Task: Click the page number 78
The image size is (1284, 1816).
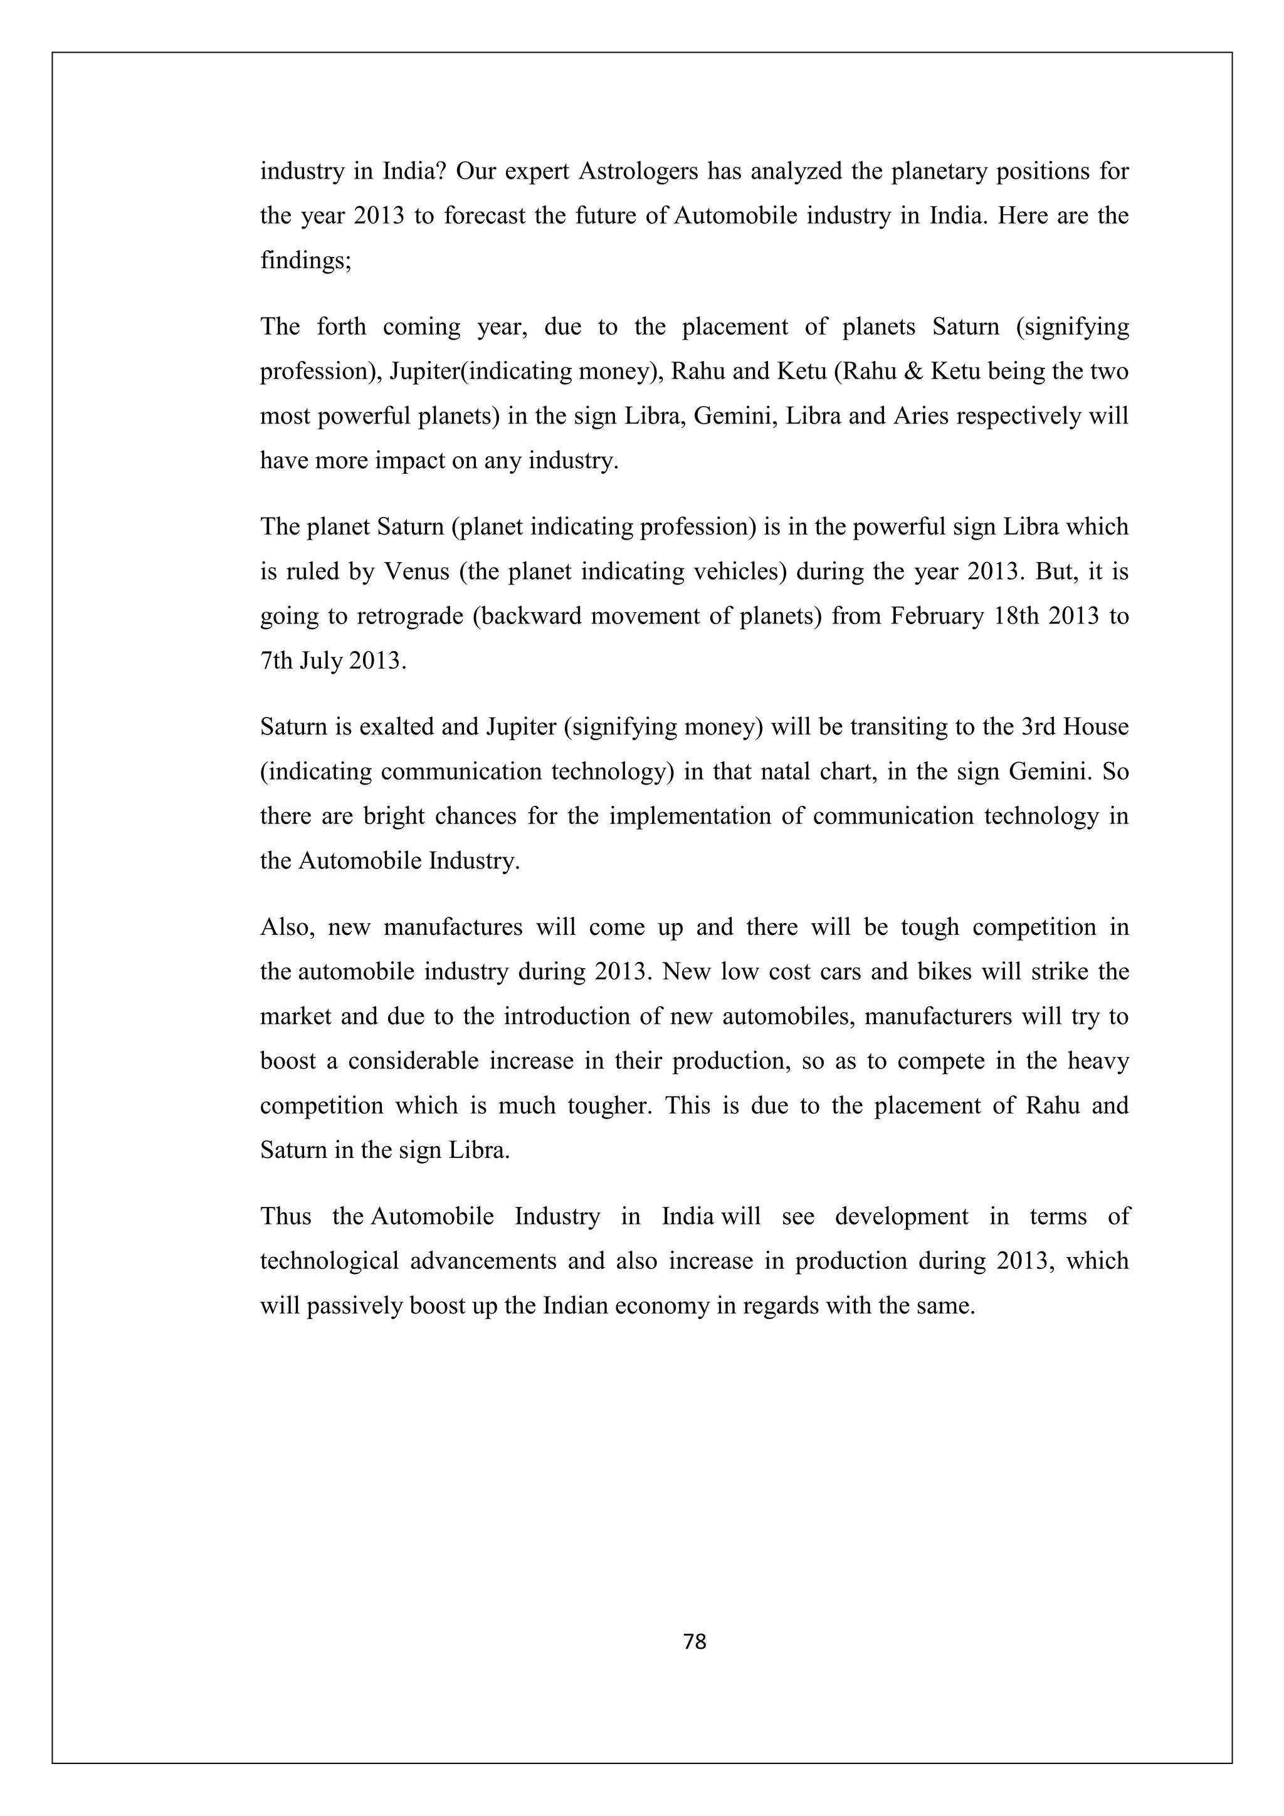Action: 694,1641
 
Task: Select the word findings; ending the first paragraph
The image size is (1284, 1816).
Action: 305,260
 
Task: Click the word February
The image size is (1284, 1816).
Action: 936,615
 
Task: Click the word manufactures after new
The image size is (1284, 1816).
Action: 453,926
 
